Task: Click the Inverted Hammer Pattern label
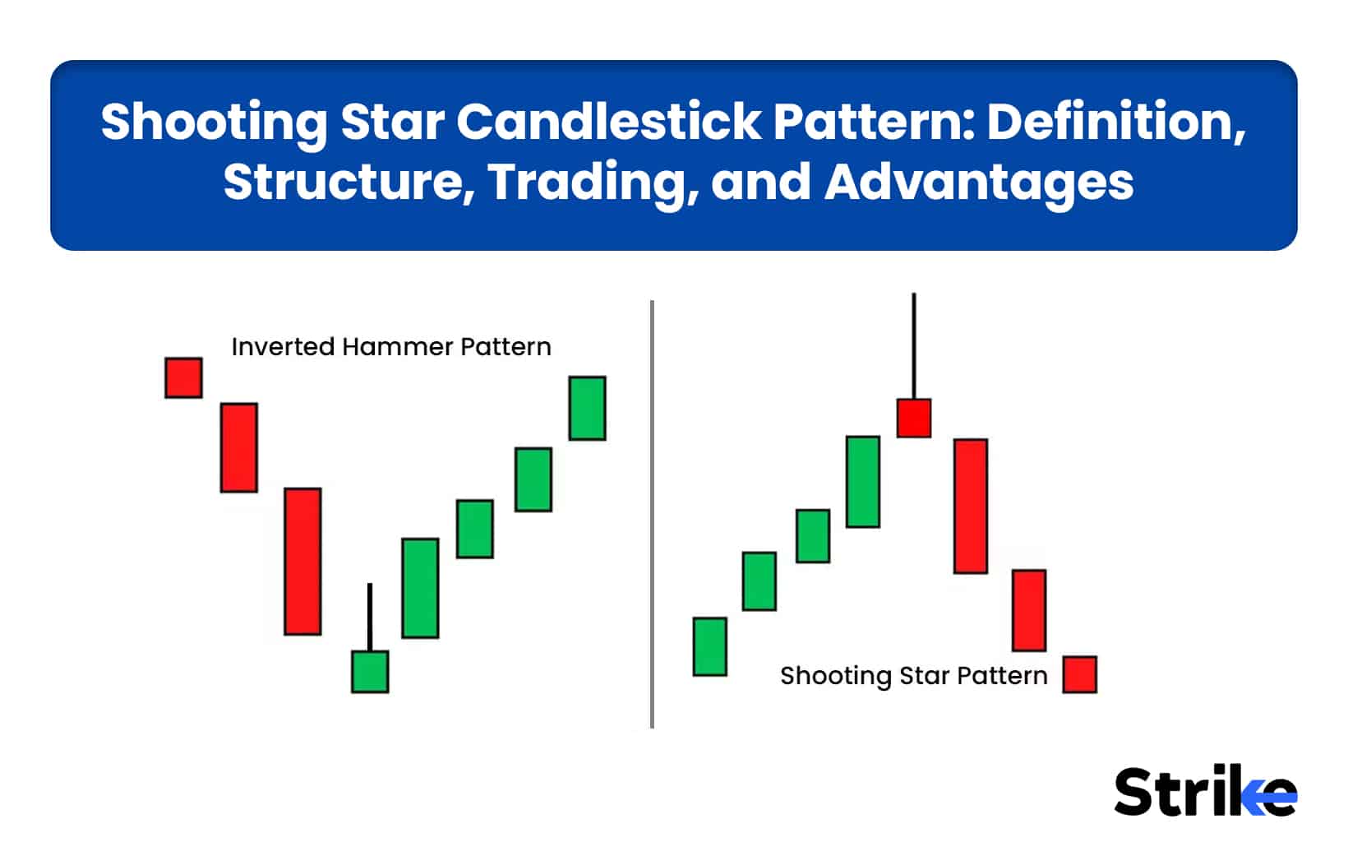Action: (x=391, y=347)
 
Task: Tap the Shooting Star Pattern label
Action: (x=913, y=676)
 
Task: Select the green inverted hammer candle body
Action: (x=370, y=672)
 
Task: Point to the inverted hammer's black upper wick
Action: (x=370, y=617)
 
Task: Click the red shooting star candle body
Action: (x=913, y=418)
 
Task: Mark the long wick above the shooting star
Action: (x=913, y=345)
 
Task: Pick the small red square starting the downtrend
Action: (x=183, y=378)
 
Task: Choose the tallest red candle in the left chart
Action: (x=302, y=562)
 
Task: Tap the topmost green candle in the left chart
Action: (x=587, y=409)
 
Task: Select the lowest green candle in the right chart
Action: (x=709, y=647)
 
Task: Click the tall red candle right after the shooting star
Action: (x=970, y=506)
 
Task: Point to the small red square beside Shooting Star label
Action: (x=1079, y=674)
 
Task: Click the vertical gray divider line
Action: (x=652, y=514)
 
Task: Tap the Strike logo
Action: (x=1204, y=792)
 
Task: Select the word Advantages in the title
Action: (x=978, y=182)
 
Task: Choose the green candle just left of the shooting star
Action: (x=863, y=482)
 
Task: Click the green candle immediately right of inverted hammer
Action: (x=420, y=588)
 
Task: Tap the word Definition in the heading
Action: (x=1115, y=122)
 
